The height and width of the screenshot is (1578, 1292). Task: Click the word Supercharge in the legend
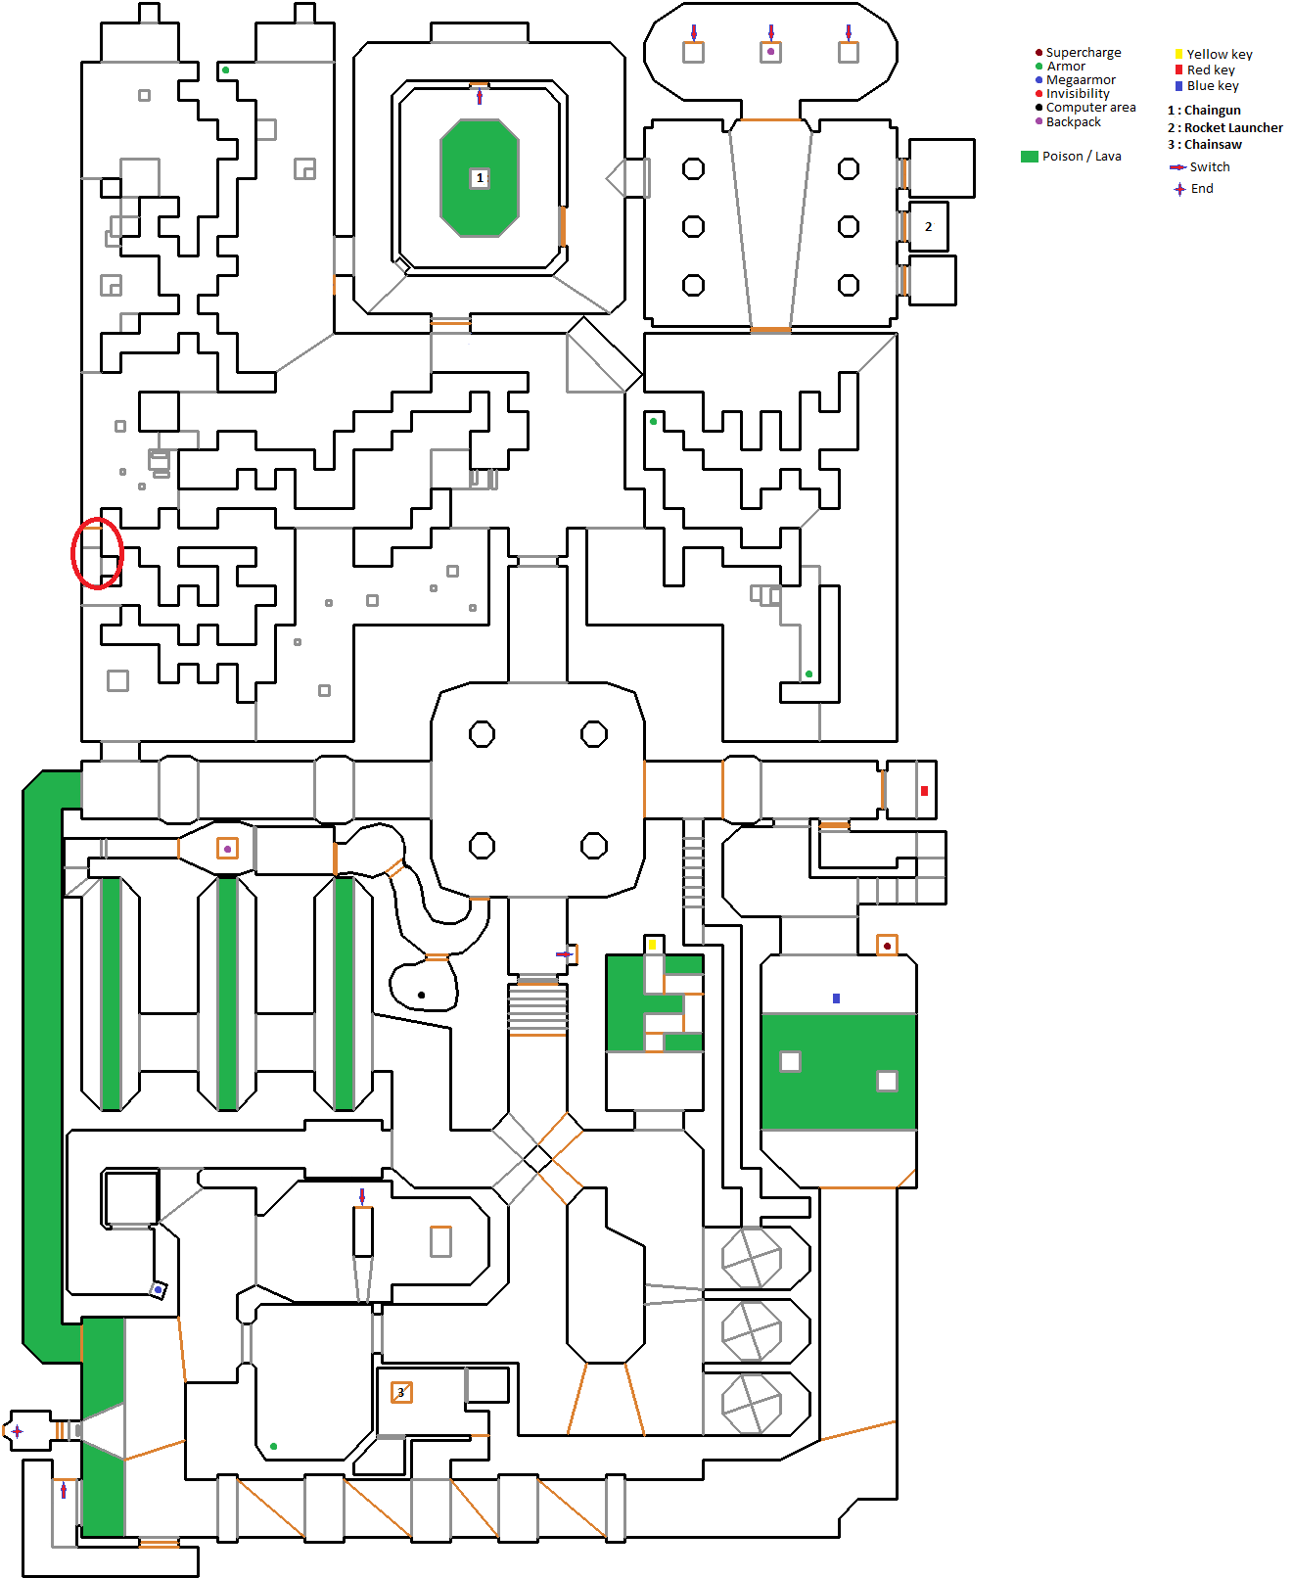coord(1083,53)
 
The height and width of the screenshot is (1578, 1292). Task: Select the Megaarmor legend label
coord(1081,80)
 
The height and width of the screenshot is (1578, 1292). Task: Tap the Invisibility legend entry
coord(1078,94)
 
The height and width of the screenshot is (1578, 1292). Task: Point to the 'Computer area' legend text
coord(1090,108)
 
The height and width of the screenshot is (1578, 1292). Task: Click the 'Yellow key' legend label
coord(1219,55)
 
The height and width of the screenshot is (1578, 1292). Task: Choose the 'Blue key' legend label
coord(1213,86)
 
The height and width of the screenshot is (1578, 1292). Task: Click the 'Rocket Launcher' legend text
coord(1233,128)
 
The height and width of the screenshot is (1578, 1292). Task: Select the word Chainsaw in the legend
coord(1213,145)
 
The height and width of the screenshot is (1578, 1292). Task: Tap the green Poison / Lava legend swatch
coord(1029,157)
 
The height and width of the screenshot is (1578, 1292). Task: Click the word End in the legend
coord(1202,189)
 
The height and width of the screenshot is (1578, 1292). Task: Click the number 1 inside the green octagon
coord(480,178)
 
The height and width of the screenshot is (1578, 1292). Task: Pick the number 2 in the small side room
coord(929,227)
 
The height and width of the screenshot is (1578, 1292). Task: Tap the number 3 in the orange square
coord(400,1392)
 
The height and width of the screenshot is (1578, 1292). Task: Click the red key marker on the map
coord(924,791)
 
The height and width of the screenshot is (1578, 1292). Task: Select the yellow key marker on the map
coord(652,945)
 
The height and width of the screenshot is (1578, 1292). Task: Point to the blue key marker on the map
coord(836,998)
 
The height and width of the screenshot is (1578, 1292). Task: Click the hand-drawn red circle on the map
coord(97,553)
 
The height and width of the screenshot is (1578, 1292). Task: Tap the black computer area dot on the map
coord(422,995)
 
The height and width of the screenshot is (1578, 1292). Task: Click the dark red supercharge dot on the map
coord(887,946)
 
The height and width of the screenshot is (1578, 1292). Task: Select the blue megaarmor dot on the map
coord(158,1290)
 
